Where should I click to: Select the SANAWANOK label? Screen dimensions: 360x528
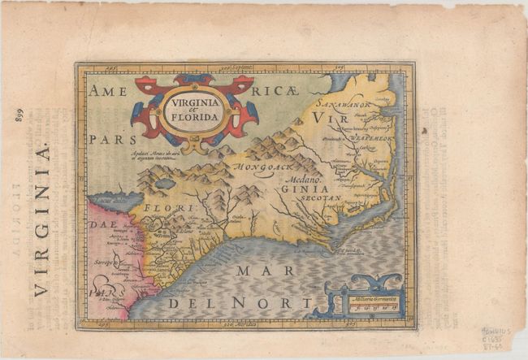[344, 105]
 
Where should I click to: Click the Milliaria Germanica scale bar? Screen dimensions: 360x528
[374, 303]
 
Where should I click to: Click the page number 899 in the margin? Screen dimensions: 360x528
[18, 115]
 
